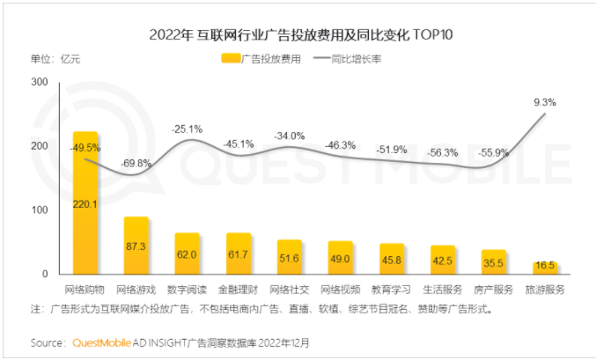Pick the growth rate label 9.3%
[545, 103]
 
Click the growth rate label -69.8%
[136, 164]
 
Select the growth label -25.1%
[187, 129]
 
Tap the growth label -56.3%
[443, 152]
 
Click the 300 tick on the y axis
[40, 82]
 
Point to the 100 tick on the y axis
[40, 210]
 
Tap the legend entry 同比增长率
[357, 59]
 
